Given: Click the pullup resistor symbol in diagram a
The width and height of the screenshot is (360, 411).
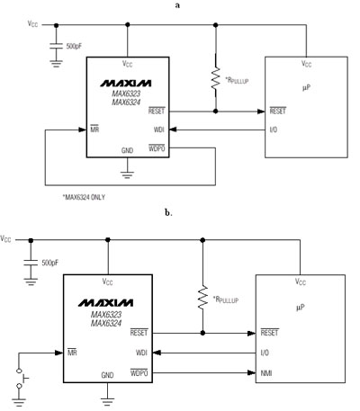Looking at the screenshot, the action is [215, 78].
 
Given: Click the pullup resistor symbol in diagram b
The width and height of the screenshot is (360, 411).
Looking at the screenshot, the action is [202, 297].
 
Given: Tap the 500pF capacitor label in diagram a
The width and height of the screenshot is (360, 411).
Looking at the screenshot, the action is [74, 47].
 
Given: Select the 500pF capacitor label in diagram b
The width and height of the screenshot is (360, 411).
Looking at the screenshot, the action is [50, 263].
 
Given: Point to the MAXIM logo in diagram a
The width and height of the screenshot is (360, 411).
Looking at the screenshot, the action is [126, 83].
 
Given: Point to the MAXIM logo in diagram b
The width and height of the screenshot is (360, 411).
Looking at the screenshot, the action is [106, 303].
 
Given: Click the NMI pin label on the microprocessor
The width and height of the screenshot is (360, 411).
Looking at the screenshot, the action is [266, 373].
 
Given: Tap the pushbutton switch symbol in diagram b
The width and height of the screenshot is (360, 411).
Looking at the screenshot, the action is [21, 379].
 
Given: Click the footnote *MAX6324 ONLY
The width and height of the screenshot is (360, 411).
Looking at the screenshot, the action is [84, 197].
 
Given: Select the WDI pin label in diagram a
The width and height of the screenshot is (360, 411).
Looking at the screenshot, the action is [159, 130].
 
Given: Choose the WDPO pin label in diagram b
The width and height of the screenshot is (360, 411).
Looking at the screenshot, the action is [139, 373].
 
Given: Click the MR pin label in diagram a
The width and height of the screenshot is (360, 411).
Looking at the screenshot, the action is [94, 130].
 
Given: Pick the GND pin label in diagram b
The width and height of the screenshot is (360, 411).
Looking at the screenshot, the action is [107, 375].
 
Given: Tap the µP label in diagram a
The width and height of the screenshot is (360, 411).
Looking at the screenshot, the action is [306, 87].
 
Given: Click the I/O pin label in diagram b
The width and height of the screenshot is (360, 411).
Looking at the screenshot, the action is [265, 353].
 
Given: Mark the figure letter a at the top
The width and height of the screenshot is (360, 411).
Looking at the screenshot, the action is [177, 5].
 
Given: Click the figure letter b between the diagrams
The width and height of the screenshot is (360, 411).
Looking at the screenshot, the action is [168, 212].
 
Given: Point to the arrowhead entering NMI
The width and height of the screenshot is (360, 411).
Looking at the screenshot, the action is [251, 373].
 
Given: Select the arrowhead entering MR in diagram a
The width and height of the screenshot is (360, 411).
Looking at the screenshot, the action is [83, 130].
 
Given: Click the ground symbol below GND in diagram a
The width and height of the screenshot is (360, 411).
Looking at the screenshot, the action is [127, 174].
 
